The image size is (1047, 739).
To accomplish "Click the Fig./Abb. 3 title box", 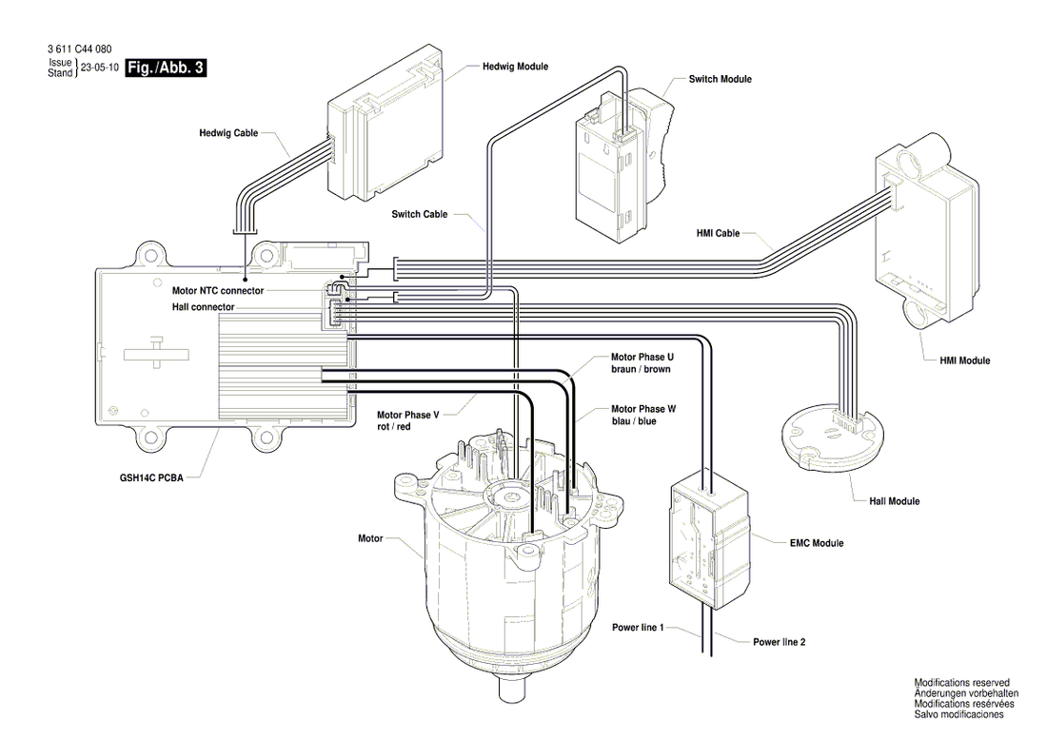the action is point(166,68).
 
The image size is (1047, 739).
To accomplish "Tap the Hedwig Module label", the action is point(516,67).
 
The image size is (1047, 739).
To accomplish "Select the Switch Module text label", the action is point(720,79).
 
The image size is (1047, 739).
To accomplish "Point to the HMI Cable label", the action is point(718,233).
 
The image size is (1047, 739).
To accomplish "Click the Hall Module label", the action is point(894,501).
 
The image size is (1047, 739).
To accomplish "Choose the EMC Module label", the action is point(817,544).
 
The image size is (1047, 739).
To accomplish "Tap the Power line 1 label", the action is point(638,628).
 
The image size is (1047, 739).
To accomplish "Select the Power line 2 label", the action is point(780,642).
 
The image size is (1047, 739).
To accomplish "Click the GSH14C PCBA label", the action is point(151,477).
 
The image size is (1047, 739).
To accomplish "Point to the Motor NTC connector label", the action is point(218,291).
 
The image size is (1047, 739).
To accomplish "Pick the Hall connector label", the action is point(203,307).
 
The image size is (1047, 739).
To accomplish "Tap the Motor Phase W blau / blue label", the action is point(643,415).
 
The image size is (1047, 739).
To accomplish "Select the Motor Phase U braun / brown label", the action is point(642,362).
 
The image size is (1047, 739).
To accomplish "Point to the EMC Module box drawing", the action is point(709,541).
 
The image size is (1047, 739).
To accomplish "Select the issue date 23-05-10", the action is point(100,68).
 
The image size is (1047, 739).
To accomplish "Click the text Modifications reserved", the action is point(961,683).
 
